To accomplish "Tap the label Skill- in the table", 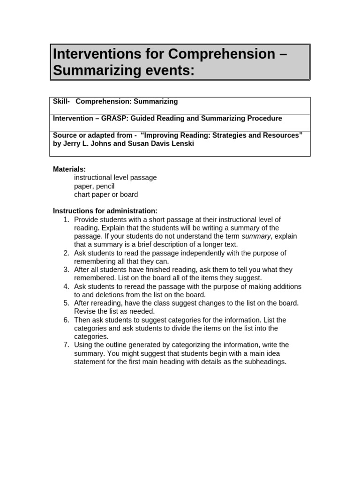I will pyautogui.click(x=61, y=101).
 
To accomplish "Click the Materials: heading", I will pyautogui.click(x=69, y=169).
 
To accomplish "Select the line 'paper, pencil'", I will pyautogui.click(x=94, y=186).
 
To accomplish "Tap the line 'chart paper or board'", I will pyautogui.click(x=106, y=195).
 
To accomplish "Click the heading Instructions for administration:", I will pyautogui.click(x=105, y=211).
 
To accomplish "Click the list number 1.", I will pyautogui.click(x=66, y=219).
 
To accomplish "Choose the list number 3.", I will pyautogui.click(x=66, y=270).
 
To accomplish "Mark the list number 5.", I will pyautogui.click(x=66, y=303).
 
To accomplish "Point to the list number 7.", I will pyautogui.click(x=66, y=345).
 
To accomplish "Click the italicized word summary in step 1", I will pyautogui.click(x=255, y=236).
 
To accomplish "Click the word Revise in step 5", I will pyautogui.click(x=84, y=311).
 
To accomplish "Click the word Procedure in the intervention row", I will pyautogui.click(x=265, y=119).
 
